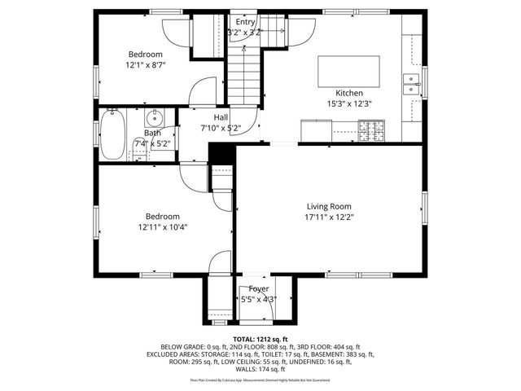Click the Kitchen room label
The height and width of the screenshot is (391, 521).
tap(349, 93)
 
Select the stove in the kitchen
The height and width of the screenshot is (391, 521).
tap(371, 128)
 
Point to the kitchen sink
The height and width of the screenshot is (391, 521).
tap(410, 84)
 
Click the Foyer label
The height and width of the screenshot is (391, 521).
tap(259, 288)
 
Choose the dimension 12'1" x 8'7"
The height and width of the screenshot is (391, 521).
tap(145, 64)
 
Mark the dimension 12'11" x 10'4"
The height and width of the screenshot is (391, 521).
tap(163, 227)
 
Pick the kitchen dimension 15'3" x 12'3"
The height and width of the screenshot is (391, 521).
tap(349, 103)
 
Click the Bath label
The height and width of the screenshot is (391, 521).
tap(152, 133)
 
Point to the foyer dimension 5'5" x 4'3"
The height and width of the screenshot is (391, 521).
tap(259, 299)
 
